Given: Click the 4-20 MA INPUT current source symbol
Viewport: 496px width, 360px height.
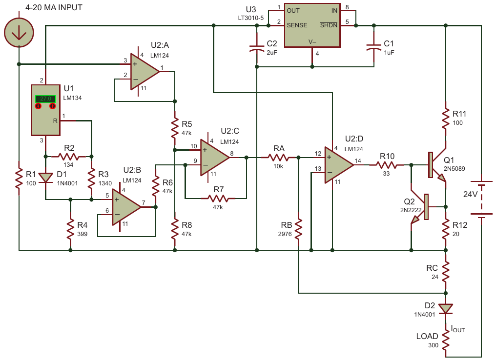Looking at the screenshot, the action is (x=19, y=33).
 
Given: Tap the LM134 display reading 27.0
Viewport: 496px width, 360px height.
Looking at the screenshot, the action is (x=45, y=99).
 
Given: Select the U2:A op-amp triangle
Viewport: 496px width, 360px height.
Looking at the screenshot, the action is (x=145, y=71).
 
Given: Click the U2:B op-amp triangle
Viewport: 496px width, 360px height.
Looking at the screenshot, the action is (x=127, y=207).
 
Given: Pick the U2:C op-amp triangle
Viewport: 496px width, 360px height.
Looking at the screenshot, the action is (x=215, y=157).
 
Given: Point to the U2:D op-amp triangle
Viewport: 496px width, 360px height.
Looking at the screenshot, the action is (x=339, y=165).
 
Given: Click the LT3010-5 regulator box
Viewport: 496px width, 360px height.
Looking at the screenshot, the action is (x=312, y=25).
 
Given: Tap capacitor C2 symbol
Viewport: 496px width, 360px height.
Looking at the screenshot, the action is (x=257, y=48).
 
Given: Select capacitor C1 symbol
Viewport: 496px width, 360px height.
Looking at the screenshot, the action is (x=374, y=48).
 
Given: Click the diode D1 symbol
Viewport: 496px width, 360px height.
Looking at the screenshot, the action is (x=45, y=178).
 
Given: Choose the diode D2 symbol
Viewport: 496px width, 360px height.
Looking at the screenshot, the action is (x=446, y=308).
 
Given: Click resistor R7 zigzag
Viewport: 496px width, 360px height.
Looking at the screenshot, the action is (x=218, y=199).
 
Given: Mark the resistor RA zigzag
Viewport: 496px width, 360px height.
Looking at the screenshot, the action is (x=278, y=157).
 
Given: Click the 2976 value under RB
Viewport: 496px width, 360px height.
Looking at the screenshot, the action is (x=285, y=234).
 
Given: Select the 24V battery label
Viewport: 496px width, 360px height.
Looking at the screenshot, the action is (x=471, y=194).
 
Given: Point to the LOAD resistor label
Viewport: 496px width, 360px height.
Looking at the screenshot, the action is (x=427, y=336).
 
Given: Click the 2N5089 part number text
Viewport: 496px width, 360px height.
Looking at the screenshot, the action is (x=454, y=169).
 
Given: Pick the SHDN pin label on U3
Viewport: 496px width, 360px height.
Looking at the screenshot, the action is (x=329, y=25).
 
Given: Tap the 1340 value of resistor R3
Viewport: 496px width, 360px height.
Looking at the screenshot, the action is (x=105, y=183).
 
